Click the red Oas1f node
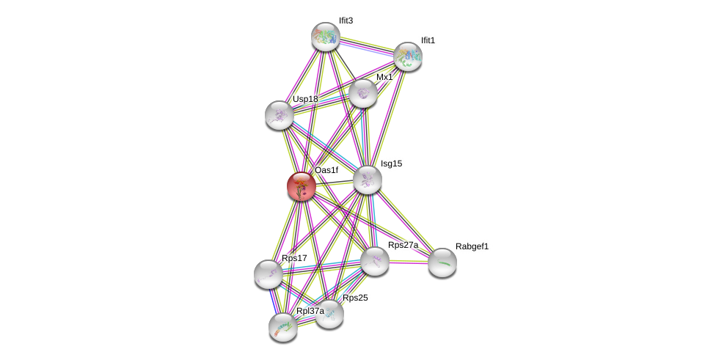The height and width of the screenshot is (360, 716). pyautogui.click(x=302, y=186)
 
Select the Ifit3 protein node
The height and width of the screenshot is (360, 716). pyautogui.click(x=326, y=36)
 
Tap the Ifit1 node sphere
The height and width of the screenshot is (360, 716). pyautogui.click(x=408, y=56)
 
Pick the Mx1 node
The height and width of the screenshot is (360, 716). pyautogui.click(x=363, y=94)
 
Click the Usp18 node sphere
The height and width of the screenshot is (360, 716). pyautogui.click(x=280, y=115)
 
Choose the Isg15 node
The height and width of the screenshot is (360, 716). pyautogui.click(x=367, y=180)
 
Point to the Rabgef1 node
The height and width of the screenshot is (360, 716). pyautogui.click(x=442, y=262)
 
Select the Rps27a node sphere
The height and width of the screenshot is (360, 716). pyautogui.click(x=375, y=262)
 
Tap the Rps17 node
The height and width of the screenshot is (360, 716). pyautogui.click(x=268, y=274)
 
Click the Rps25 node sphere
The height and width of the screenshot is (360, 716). pyautogui.click(x=329, y=314)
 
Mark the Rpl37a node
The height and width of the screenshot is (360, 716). pyautogui.click(x=283, y=327)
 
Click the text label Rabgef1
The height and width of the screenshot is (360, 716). pyautogui.click(x=472, y=247)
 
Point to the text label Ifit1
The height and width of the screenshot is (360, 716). pyautogui.click(x=428, y=40)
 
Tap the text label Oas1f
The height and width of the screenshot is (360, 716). pyautogui.click(x=326, y=171)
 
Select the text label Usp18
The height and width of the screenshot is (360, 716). pyautogui.click(x=305, y=100)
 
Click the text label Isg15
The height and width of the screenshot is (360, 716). pyautogui.click(x=391, y=164)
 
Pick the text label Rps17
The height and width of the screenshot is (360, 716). pyautogui.click(x=294, y=258)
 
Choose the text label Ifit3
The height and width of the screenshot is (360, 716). pyautogui.click(x=346, y=21)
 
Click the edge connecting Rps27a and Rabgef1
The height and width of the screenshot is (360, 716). pyautogui.click(x=409, y=262)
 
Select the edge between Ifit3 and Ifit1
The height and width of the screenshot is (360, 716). pyautogui.click(x=367, y=46)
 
